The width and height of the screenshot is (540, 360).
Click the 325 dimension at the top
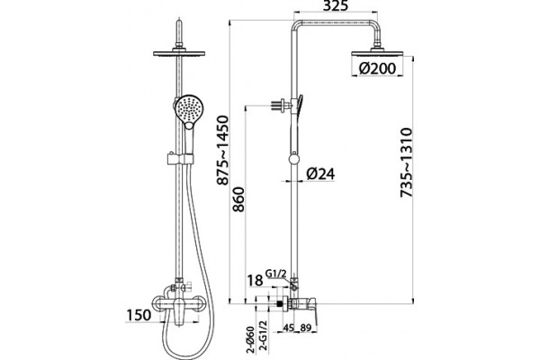click(336, 5)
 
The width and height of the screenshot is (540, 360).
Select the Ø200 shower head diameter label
click(377, 68)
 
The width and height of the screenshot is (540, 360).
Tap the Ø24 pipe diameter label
click(320, 174)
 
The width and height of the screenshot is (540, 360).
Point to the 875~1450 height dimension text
click(223, 150)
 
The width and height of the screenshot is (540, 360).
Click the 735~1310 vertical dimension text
click(407, 162)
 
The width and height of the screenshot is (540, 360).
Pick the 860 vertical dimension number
click(238, 199)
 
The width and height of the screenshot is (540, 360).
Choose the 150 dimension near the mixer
click(139, 315)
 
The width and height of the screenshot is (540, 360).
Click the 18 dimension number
click(256, 281)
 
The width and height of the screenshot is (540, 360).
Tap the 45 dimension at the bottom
click(288, 328)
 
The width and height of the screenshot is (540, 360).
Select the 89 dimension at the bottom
click(305, 328)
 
